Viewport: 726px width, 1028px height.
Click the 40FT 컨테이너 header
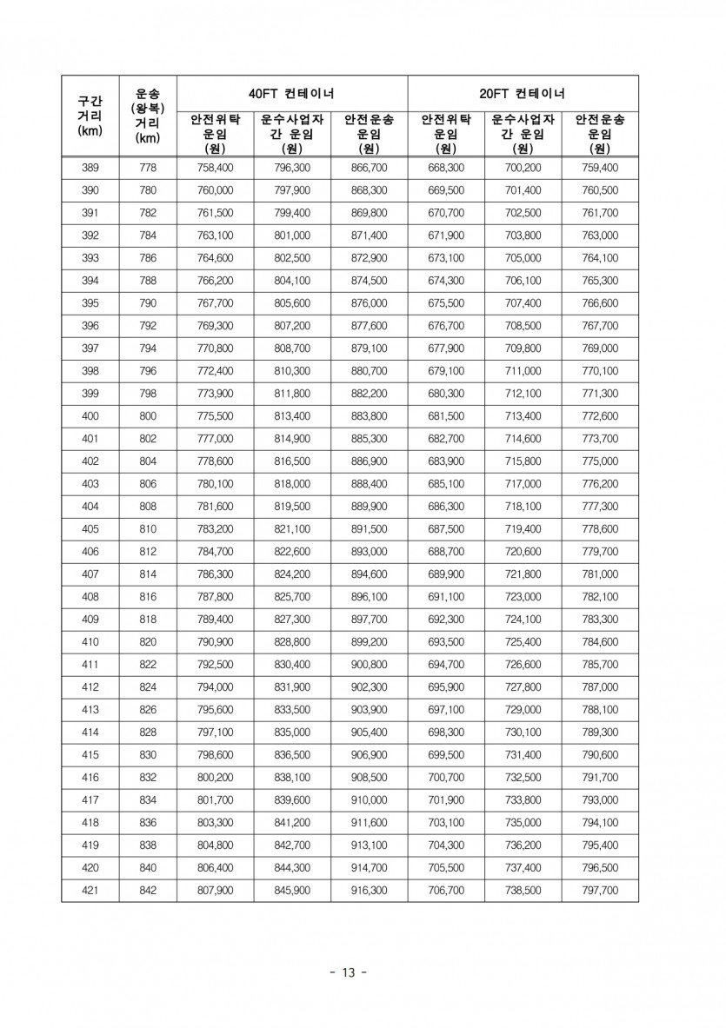[292, 93]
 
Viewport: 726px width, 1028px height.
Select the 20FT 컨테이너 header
[523, 93]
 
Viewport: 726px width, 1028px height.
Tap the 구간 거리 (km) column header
[90, 116]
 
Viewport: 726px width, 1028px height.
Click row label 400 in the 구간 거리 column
[90, 416]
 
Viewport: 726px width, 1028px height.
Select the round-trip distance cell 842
[148, 890]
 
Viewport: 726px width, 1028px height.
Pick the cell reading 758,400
[215, 168]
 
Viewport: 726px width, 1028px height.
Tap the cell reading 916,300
[370, 890]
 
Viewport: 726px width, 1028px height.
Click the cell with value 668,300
[446, 168]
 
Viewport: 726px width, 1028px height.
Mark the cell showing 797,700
[600, 890]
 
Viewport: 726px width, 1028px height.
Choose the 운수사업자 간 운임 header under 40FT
[292, 134]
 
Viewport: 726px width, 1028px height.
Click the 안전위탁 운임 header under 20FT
[446, 134]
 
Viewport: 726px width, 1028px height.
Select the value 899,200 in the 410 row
[370, 642]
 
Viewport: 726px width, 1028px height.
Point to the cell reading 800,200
[215, 778]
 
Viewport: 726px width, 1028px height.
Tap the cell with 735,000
[523, 823]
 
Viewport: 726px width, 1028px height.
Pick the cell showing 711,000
[523, 371]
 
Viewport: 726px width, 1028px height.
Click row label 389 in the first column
[90, 168]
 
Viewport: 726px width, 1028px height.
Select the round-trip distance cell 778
[148, 168]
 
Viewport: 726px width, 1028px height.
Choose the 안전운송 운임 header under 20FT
[600, 134]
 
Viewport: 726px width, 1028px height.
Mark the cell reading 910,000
[370, 800]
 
